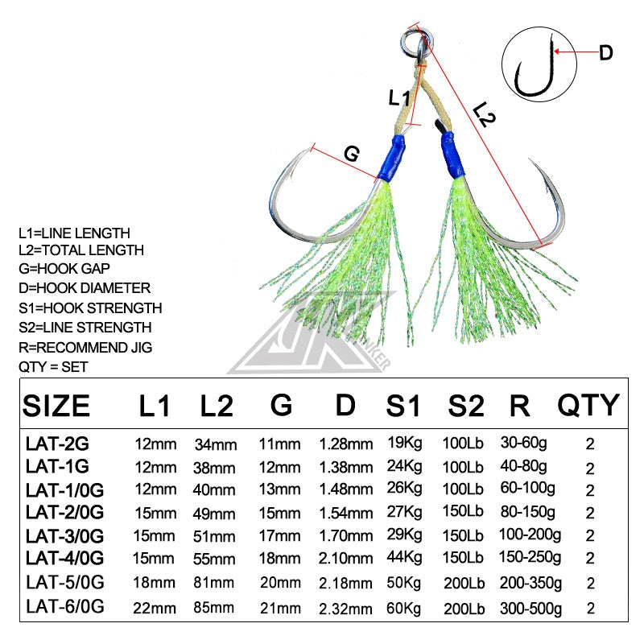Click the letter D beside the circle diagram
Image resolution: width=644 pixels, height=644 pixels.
(x=605, y=53)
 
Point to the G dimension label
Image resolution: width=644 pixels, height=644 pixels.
(x=351, y=153)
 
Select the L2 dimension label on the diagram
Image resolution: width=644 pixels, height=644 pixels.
(x=485, y=114)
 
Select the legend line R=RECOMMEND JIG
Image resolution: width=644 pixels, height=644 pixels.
(x=84, y=347)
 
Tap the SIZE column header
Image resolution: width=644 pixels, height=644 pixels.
(x=56, y=405)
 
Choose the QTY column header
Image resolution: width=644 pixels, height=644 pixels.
(x=588, y=405)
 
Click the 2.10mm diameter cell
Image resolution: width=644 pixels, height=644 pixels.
(x=346, y=558)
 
